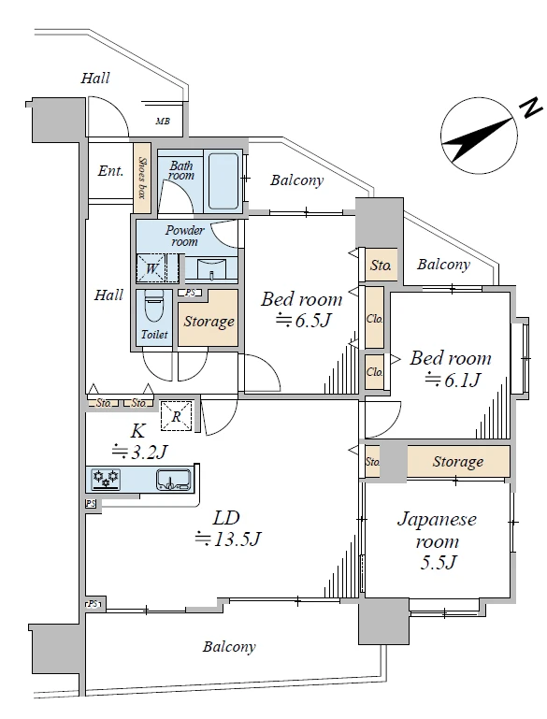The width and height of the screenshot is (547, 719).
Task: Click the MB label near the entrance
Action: click(163, 122)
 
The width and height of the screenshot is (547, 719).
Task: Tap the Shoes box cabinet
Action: click(142, 179)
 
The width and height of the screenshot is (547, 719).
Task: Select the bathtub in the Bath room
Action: click(223, 181)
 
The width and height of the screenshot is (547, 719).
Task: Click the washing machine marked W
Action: click(151, 268)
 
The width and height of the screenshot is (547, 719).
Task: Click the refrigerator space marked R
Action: click(176, 416)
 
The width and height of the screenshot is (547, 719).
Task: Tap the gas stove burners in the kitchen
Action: click(107, 480)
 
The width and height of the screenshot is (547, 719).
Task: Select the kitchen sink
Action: click(173, 480)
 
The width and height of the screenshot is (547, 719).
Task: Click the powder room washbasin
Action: click(211, 269)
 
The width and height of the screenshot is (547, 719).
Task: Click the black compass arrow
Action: click(477, 139)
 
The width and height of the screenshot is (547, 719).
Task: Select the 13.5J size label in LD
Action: click(228, 538)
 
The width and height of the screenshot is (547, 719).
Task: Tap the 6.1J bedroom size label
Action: click(453, 380)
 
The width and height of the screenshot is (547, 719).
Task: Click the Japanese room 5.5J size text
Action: click(438, 562)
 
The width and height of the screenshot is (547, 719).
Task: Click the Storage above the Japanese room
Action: click(458, 461)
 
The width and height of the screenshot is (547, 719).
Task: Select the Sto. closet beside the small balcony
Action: click(381, 265)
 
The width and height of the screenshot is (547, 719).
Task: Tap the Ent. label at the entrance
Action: click(110, 171)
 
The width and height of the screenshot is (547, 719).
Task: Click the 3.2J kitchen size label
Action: click(139, 453)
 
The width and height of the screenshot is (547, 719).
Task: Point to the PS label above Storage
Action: click(190, 293)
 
